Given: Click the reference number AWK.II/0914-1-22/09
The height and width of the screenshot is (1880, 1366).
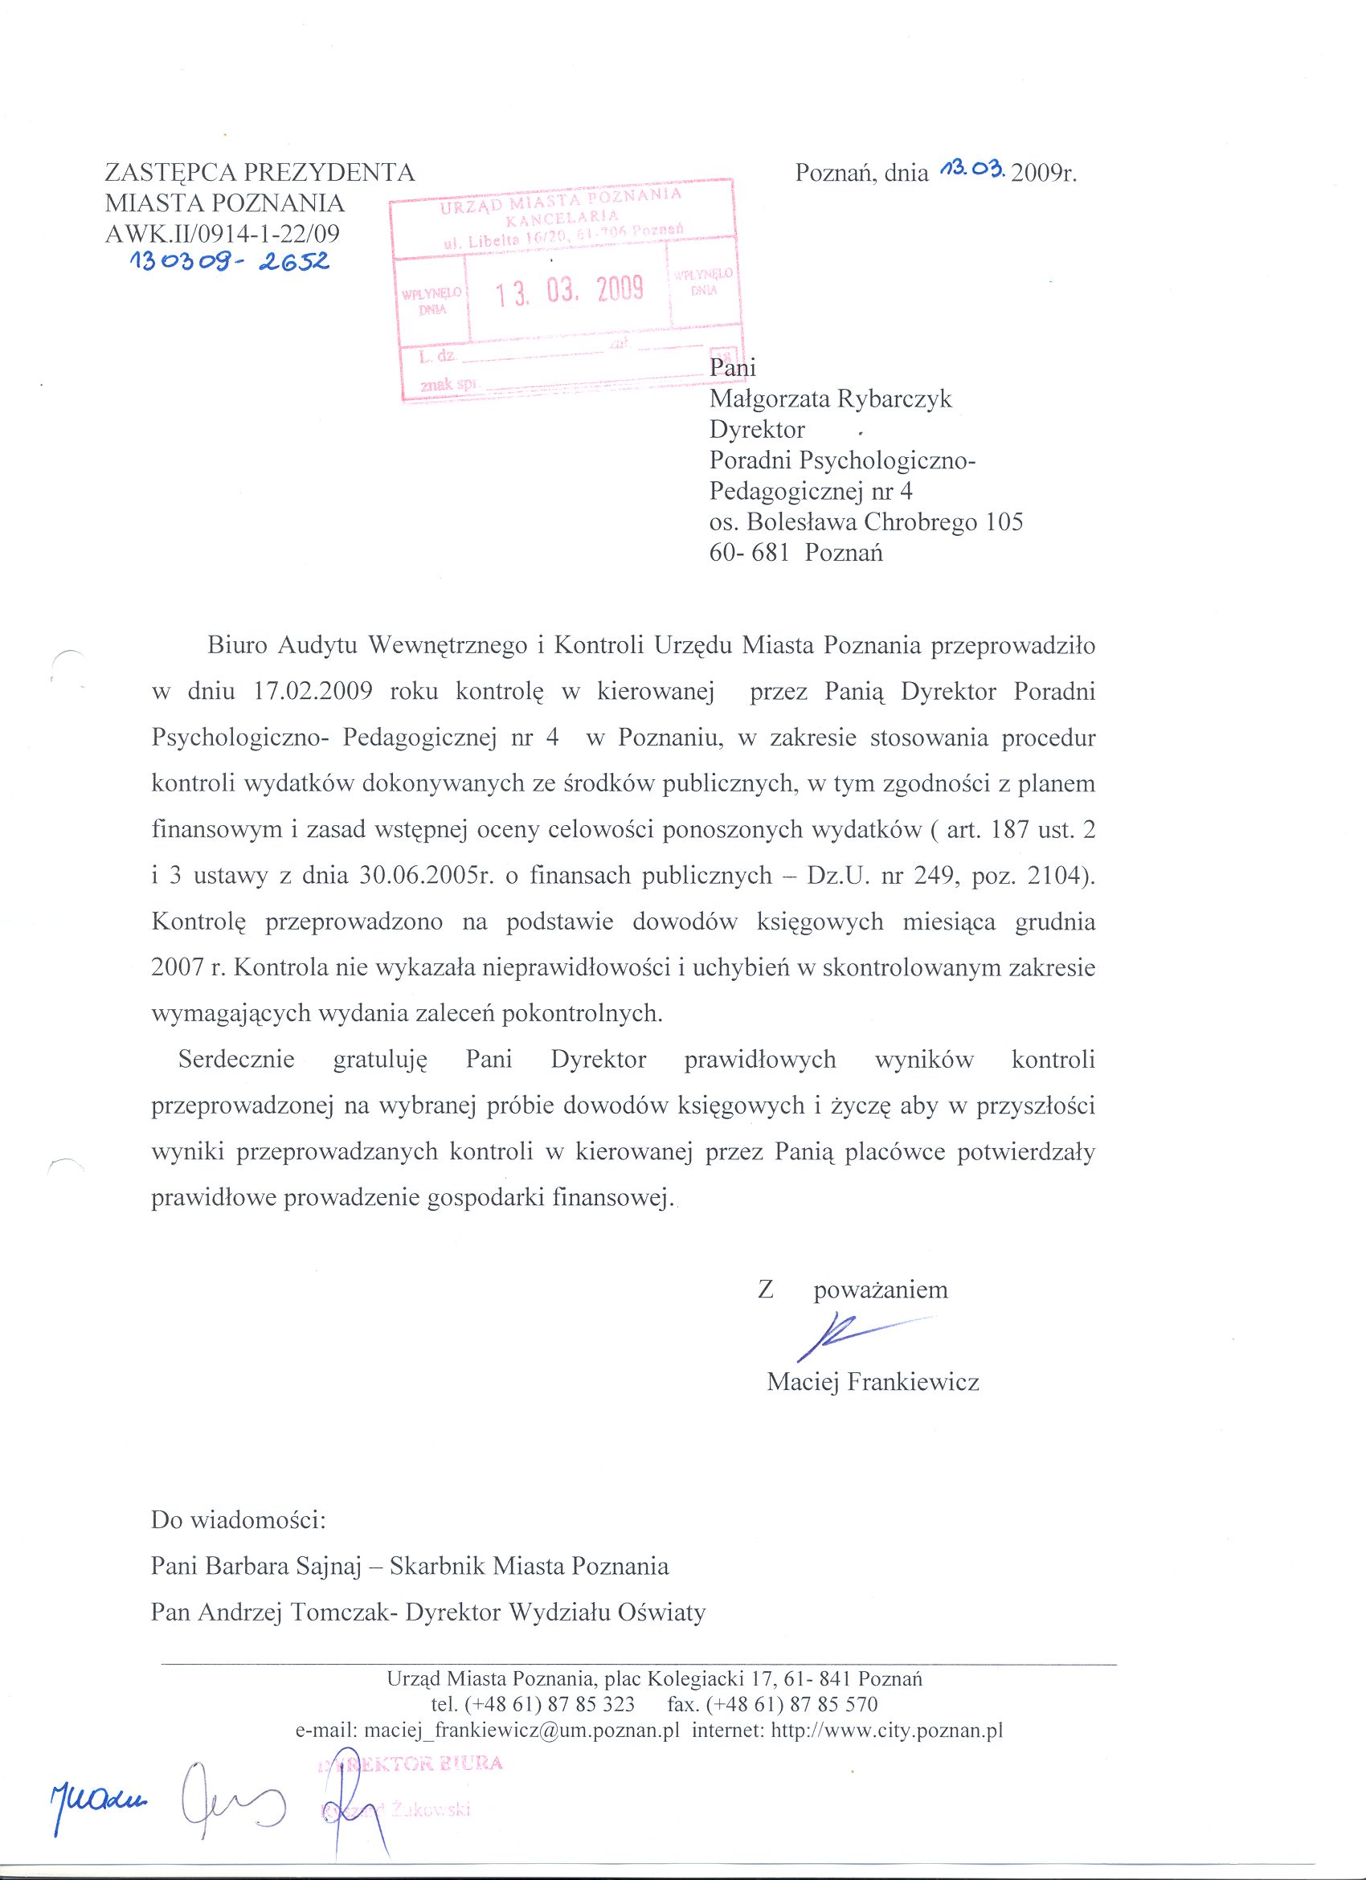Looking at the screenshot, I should point(222,233).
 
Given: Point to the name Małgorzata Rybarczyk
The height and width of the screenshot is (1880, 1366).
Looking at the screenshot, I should point(831,398).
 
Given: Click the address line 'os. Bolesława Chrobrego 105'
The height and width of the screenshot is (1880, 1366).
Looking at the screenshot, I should point(866,522).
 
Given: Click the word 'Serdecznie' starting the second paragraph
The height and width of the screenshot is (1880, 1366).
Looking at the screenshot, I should point(236,1061).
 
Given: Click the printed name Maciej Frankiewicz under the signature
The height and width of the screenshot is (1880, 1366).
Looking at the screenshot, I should point(873,1382).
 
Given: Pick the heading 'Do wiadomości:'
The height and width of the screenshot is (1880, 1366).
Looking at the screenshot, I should point(239,1522).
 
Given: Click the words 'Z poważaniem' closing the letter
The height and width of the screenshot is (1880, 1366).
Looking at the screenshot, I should point(852,1289).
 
